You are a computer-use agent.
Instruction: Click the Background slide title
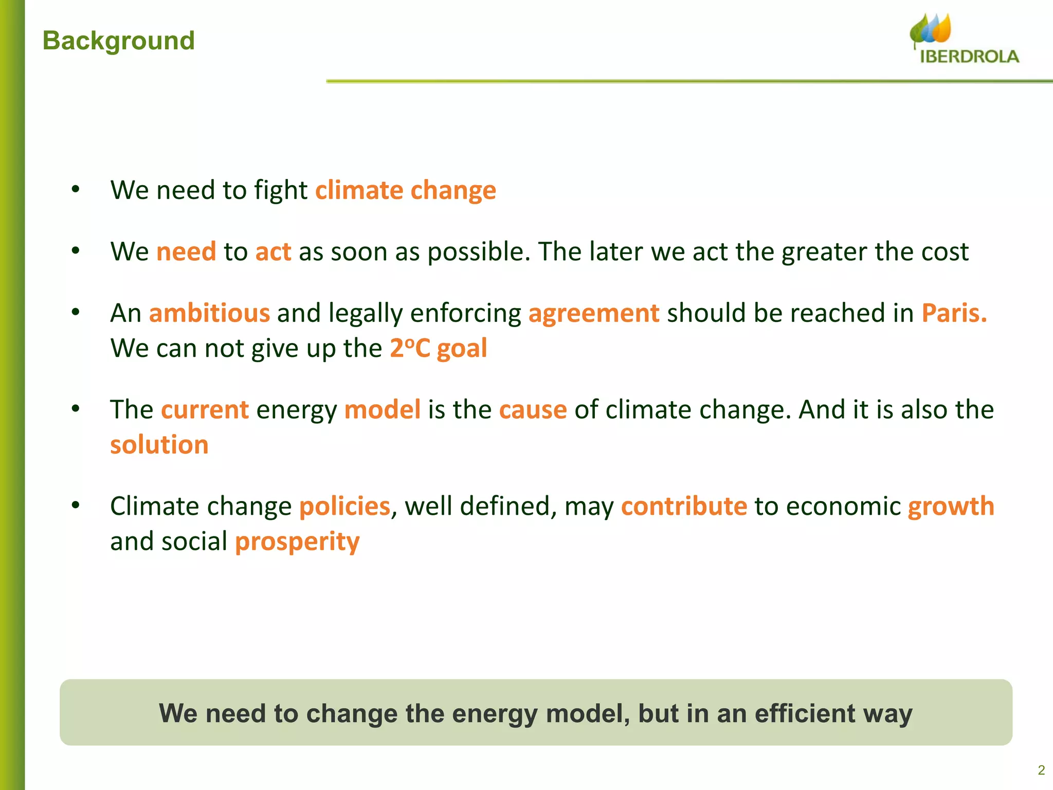tap(119, 41)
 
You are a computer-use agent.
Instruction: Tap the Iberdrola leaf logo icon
tap(931, 29)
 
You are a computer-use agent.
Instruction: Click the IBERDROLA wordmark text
tap(969, 57)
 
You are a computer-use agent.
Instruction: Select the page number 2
tap(1041, 770)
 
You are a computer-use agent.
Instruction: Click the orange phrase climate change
tap(406, 190)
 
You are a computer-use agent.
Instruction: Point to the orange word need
tap(186, 252)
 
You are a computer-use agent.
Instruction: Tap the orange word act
tap(274, 252)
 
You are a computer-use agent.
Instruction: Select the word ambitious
tap(209, 313)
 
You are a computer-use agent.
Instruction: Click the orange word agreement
tap(594, 313)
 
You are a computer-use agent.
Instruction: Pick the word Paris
tap(954, 313)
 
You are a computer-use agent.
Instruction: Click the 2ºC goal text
tap(438, 348)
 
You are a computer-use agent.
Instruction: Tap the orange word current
tap(205, 410)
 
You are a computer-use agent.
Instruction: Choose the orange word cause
tap(533, 410)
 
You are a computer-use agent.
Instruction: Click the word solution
tap(159, 445)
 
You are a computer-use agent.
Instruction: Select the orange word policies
tap(344, 507)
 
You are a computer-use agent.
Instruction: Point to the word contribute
tap(684, 507)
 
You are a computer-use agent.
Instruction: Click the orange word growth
tap(951, 507)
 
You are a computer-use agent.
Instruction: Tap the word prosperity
tap(297, 542)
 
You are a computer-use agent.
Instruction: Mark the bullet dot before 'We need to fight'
tap(76, 190)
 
